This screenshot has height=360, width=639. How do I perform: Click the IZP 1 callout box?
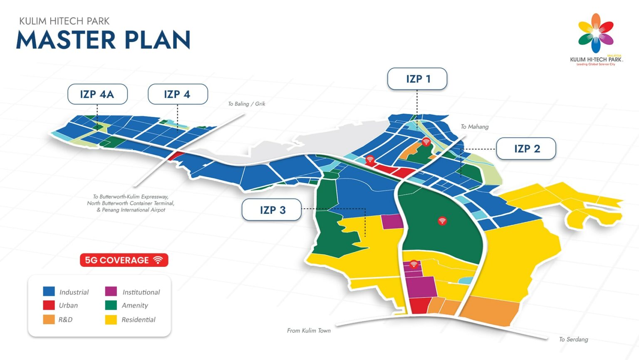[x=417, y=79]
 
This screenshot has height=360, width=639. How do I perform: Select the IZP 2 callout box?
[x=526, y=149]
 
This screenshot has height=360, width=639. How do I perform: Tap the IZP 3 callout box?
[x=272, y=210]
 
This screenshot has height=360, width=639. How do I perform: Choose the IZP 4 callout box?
[x=178, y=94]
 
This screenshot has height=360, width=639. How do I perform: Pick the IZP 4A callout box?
[x=97, y=94]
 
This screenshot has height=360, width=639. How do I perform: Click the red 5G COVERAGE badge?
[x=124, y=260]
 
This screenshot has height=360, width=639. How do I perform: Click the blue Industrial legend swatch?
[x=49, y=291]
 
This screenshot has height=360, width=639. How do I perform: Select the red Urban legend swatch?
[x=49, y=305]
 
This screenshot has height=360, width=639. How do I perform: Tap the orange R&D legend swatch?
[x=49, y=319]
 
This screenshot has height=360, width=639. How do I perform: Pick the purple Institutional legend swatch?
[x=111, y=291]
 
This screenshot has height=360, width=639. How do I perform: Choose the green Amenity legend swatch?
[x=111, y=305]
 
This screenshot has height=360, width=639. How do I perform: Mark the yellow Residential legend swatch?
[x=111, y=319]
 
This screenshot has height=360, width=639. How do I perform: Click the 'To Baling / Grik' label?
[x=246, y=104]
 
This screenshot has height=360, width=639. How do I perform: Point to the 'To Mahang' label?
[x=475, y=127]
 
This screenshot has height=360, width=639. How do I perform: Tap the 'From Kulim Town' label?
[x=309, y=330]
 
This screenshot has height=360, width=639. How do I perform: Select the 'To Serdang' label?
[x=573, y=339]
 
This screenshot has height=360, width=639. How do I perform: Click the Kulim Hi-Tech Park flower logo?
[x=596, y=33]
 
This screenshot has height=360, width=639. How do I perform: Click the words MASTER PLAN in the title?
[x=103, y=40]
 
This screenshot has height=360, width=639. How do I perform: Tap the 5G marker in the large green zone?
[x=442, y=221]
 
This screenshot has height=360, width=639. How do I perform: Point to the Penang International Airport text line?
[x=131, y=210]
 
